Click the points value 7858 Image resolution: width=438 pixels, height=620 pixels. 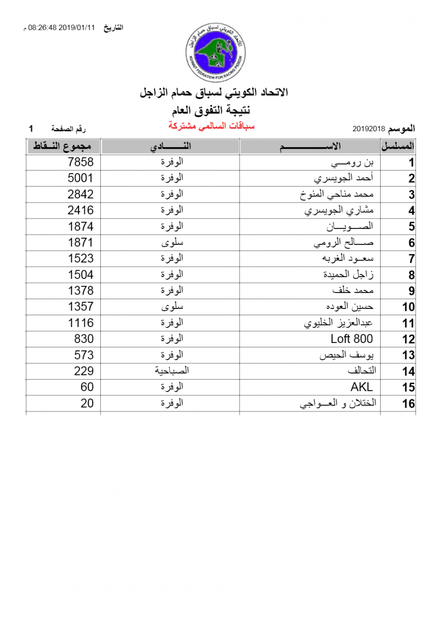[81, 162]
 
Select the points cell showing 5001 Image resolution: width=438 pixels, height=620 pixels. [81, 178]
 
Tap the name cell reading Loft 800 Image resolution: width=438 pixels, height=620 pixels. [351, 339]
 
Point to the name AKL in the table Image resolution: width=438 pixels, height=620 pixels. [361, 387]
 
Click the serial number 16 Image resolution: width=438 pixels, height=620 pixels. [408, 404]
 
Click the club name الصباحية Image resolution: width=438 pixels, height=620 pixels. [172, 370]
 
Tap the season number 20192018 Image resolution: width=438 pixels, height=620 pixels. [368, 128]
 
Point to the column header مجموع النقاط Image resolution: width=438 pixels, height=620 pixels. [62, 146]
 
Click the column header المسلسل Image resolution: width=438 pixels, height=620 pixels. [398, 146]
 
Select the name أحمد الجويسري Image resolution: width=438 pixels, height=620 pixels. [343, 178]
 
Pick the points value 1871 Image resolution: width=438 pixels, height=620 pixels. [81, 242]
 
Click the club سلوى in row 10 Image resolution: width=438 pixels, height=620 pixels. [173, 306]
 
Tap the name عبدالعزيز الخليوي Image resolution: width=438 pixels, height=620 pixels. [338, 323]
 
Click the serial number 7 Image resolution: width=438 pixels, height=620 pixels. [411, 259]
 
